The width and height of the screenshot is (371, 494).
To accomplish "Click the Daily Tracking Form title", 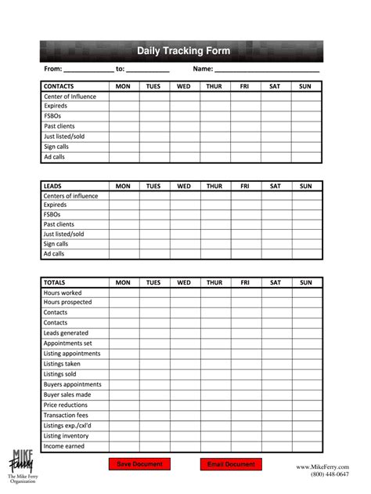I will point(183,51).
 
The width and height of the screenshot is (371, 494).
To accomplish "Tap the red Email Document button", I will point(231,464).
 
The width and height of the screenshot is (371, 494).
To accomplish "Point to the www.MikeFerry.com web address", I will point(322,467).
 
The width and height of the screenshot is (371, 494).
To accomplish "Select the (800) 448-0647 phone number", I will point(330,475).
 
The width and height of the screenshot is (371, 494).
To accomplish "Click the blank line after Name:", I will point(267,70).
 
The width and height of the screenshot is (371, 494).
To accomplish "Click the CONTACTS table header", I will point(59,86).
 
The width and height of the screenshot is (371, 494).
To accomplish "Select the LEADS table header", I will point(52,186).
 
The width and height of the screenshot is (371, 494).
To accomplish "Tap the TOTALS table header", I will point(55,282).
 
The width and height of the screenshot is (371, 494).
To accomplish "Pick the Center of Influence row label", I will point(70,96).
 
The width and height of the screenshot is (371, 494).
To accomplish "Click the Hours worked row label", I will point(63,292).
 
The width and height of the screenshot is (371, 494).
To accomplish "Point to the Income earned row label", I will point(64,446).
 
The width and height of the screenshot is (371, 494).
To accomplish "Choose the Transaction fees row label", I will point(67,416).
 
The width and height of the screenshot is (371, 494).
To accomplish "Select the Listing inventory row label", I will point(67,436).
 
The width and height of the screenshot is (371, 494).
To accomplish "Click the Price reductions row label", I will point(66,405).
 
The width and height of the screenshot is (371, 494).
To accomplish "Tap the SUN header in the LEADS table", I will point(305,186).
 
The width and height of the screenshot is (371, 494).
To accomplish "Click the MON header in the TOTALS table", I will point(123,282).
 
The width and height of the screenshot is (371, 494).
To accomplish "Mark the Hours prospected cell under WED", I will point(184,303).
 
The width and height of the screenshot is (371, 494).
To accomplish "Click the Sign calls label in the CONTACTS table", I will point(56,147).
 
